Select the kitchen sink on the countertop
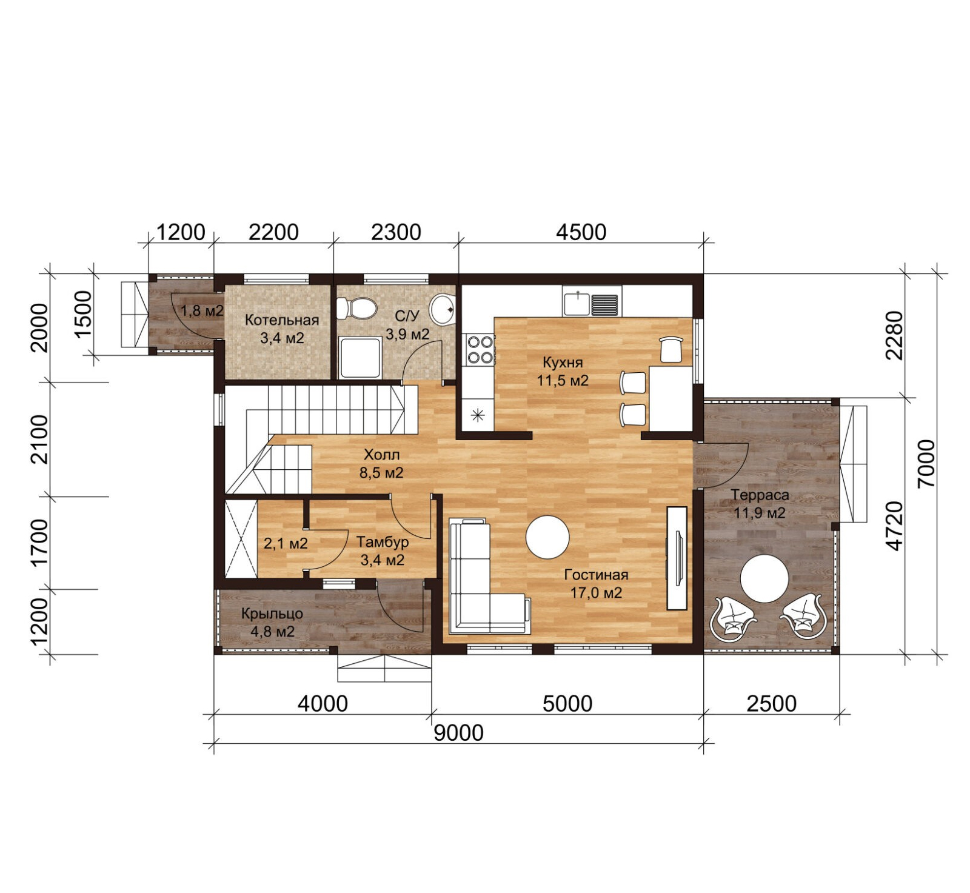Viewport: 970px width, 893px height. (591, 303)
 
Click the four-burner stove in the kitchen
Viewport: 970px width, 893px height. (480, 349)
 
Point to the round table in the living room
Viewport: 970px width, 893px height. (547, 537)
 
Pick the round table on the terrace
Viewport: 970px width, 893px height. (764, 579)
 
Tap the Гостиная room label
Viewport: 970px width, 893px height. (596, 574)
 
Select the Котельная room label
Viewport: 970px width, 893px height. (282, 320)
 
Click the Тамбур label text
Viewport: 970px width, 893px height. (383, 541)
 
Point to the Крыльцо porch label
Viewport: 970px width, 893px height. (272, 614)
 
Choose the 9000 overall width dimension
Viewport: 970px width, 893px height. (459, 733)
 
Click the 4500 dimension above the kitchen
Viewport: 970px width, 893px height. (581, 232)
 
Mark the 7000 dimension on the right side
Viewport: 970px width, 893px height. (926, 463)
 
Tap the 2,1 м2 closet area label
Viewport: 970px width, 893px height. (286, 543)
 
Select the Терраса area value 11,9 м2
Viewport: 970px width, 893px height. (760, 513)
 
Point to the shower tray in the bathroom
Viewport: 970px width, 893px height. (361, 358)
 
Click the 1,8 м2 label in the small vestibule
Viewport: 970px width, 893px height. (202, 311)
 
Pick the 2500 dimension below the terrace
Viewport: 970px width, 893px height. (771, 704)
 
